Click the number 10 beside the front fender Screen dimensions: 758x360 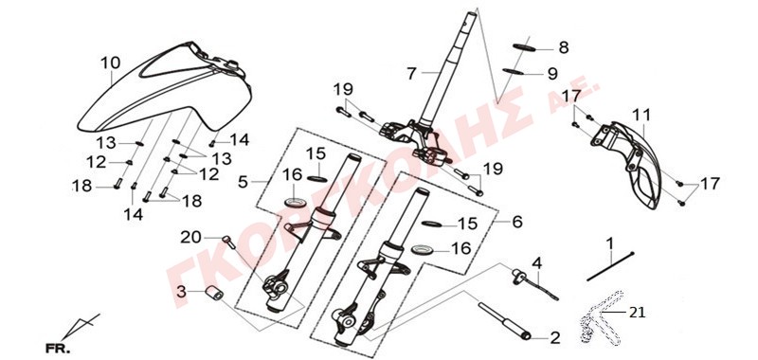click(x=111, y=63)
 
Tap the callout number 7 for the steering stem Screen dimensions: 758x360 click(x=411, y=74)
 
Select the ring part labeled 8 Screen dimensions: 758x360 click(x=524, y=46)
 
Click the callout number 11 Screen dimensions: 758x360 click(x=641, y=115)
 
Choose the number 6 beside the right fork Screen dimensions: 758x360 click(x=516, y=222)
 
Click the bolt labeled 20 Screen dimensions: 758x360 click(x=228, y=242)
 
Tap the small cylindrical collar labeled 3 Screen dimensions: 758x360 click(x=213, y=293)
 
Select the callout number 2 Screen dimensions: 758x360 click(x=555, y=338)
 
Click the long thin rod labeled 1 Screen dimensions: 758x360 click(x=609, y=267)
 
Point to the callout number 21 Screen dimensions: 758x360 click(x=636, y=313)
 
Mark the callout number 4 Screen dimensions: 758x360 click(x=537, y=263)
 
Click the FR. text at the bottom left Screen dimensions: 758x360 click(x=58, y=348)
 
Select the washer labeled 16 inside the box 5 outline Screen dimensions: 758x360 click(x=295, y=201)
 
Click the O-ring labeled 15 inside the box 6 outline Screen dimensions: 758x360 click(x=433, y=224)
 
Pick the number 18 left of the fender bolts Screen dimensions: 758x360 click(x=82, y=186)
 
